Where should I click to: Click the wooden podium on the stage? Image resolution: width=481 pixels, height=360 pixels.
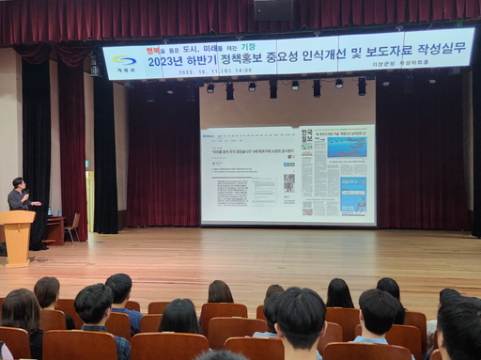click(16, 235)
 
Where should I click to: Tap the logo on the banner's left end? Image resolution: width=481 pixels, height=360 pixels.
click(124, 62)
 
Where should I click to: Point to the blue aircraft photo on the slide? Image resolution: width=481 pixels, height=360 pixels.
click(347, 146)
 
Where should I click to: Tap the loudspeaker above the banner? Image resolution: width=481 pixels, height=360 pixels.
click(273, 9)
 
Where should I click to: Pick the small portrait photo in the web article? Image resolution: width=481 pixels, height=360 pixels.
click(288, 183)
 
